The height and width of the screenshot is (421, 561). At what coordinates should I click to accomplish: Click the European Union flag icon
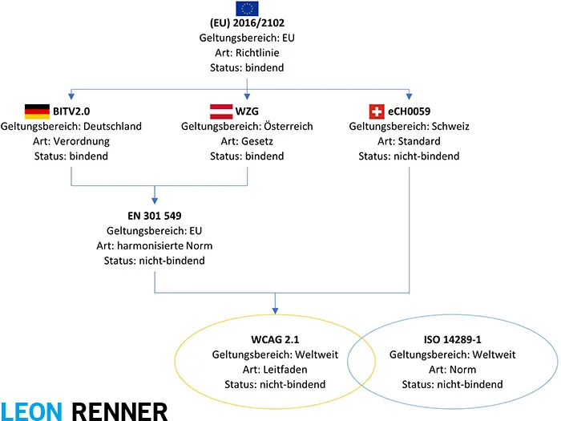tap(247, 9)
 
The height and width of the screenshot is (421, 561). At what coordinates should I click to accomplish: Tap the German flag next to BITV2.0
tap(37, 111)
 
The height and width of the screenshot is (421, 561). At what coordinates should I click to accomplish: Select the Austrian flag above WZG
tap(221, 111)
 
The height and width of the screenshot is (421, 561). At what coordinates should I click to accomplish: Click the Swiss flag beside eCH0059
tap(376, 111)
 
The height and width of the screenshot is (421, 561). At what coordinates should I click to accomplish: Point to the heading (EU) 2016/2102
tap(247, 24)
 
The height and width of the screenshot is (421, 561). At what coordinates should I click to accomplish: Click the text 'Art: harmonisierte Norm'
tap(155, 246)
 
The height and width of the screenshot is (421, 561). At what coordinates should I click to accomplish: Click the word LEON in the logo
tap(33, 411)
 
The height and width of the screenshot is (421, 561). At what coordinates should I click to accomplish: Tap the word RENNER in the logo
tap(120, 411)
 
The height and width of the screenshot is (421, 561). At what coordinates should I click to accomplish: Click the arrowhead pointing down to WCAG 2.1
tap(276, 309)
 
